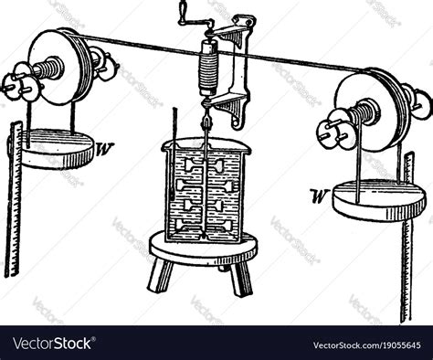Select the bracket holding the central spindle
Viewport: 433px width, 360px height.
(239, 73)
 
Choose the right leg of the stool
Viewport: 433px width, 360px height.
(240, 278)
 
